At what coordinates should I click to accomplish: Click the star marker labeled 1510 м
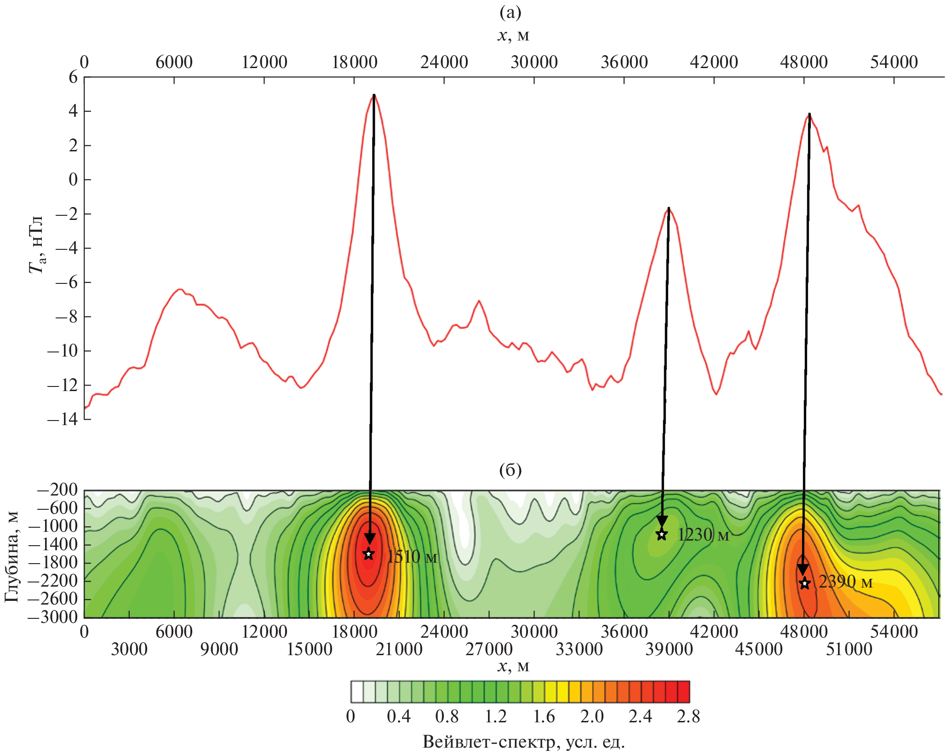[368, 554]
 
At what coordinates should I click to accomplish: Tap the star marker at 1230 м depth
[661, 535]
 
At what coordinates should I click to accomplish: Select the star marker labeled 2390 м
[804, 583]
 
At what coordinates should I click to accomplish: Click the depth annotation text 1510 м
[412, 557]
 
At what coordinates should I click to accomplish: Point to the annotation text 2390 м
[845, 582]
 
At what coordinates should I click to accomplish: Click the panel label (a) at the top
[510, 12]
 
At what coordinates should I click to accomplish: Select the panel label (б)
[510, 470]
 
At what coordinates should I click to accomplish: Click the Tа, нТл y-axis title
[36, 244]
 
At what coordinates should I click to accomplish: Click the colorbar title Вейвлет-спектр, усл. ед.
[523, 742]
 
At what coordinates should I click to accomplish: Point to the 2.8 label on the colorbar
[688, 716]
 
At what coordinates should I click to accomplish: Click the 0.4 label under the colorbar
[398, 716]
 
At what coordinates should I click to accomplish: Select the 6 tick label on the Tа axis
[73, 77]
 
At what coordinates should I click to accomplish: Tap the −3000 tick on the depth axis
[52, 617]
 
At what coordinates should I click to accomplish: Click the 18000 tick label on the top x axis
[354, 62]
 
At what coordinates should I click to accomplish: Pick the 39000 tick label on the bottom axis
[668, 649]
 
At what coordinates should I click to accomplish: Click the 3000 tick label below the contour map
[129, 649]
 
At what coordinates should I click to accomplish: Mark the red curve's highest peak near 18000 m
[373, 95]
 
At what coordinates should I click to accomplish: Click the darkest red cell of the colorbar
[683, 692]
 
